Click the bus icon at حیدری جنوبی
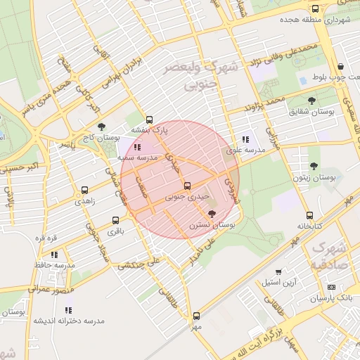(x=187, y=186)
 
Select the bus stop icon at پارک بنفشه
(x=148, y=120)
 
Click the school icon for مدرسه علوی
(x=245, y=139)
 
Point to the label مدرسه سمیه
(x=136, y=158)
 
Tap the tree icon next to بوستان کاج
(x=102, y=127)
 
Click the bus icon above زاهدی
(x=85, y=190)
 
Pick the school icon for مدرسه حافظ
(x=55, y=255)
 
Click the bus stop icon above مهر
(x=195, y=316)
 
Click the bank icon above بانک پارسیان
(x=331, y=288)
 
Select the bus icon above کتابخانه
(x=309, y=215)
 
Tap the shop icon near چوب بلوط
(x=340, y=66)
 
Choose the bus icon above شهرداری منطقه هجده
(x=314, y=8)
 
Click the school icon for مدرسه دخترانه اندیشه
(x=68, y=309)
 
